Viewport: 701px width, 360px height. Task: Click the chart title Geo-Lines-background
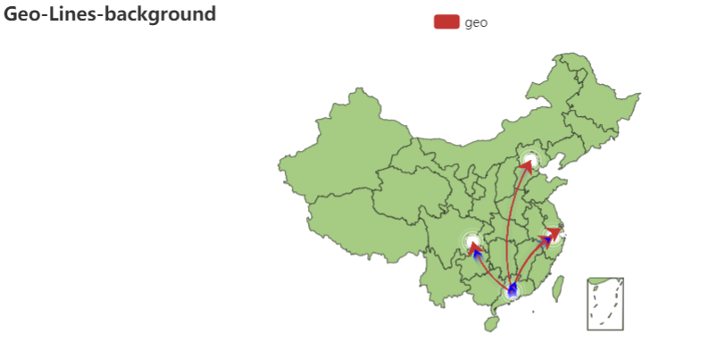click(110, 14)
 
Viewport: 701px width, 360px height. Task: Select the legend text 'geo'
click(476, 22)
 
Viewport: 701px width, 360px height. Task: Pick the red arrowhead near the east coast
click(555, 234)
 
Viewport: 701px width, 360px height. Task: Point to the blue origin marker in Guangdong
click(512, 289)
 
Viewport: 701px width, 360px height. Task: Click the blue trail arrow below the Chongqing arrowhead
click(478, 255)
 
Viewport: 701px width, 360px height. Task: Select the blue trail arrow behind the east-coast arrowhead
click(544, 241)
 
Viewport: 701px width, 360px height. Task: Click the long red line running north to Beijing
click(509, 223)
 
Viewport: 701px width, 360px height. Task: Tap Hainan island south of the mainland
click(491, 323)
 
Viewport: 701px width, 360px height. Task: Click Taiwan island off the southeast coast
click(559, 287)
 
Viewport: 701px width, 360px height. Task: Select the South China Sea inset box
click(605, 304)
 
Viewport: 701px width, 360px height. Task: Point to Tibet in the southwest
click(357, 219)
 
